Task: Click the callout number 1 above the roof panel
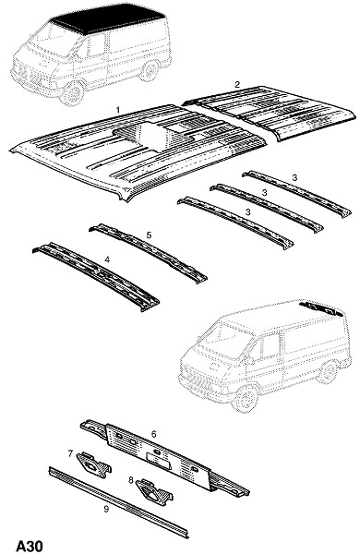click(x=118, y=110)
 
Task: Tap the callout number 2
click(x=237, y=84)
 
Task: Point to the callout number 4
click(x=107, y=259)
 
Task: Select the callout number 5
click(x=149, y=235)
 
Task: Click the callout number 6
click(x=153, y=434)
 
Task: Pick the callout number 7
click(x=70, y=453)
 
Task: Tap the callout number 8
click(x=131, y=480)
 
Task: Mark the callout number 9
click(x=106, y=509)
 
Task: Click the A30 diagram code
click(x=30, y=546)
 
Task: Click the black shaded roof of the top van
click(x=108, y=18)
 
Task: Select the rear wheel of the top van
click(x=150, y=70)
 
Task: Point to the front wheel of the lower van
click(x=246, y=398)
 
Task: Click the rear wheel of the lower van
click(x=328, y=372)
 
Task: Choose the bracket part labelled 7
click(x=93, y=464)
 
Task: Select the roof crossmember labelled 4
click(x=96, y=276)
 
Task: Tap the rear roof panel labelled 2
click(x=270, y=112)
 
